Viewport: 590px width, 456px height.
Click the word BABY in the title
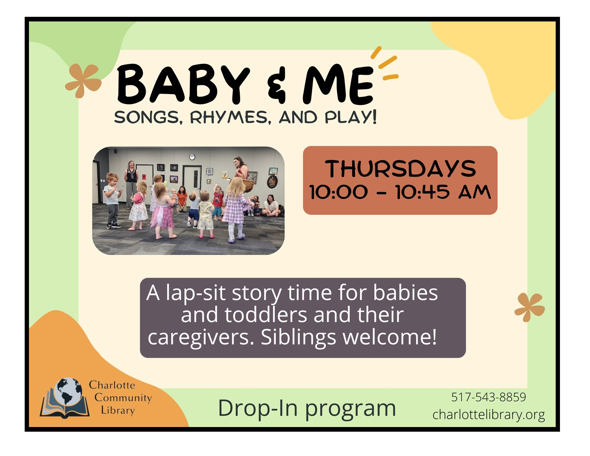183,84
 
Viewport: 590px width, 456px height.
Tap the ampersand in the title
277,85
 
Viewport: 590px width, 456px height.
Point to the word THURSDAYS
400,169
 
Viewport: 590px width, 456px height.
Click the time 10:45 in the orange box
423,192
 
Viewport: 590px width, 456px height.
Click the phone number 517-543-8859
488,397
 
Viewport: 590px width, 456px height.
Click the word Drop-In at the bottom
258,408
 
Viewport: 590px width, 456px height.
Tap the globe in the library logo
68,391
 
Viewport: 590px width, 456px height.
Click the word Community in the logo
123,398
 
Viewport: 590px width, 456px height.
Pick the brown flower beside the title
83,81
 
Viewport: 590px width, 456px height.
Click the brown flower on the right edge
530,308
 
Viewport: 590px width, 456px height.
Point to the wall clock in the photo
192,157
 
